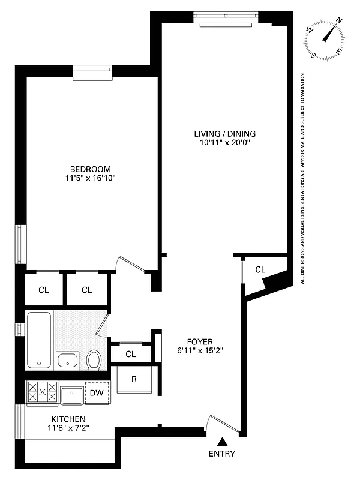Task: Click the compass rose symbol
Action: (x=325, y=38)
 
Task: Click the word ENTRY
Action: (x=222, y=454)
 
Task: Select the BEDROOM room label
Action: (x=90, y=169)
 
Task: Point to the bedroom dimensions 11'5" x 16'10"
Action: (x=90, y=178)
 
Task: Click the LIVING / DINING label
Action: (x=220, y=133)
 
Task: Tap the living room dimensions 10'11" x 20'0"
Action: (x=220, y=143)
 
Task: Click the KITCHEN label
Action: (x=68, y=419)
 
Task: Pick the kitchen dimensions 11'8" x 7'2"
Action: (x=68, y=428)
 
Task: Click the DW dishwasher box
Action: (x=97, y=393)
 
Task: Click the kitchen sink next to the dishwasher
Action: (x=72, y=395)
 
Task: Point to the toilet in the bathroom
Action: (x=94, y=361)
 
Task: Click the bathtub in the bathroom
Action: (x=40, y=340)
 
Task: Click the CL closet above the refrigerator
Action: (x=131, y=354)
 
